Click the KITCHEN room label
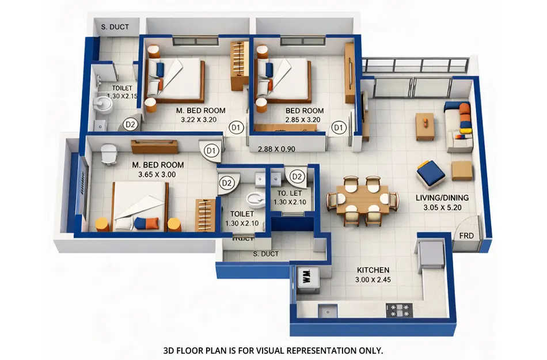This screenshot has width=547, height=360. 373,270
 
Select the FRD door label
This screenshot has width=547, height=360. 467,236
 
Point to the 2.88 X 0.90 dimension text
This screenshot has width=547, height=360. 276,149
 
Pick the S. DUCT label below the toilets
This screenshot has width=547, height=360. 265,254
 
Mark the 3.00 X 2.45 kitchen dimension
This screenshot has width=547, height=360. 373,281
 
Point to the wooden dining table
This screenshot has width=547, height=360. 362,200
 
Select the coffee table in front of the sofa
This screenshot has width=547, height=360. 425,126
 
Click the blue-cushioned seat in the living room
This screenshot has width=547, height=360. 431,173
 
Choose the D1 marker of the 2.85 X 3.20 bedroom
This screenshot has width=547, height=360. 338,127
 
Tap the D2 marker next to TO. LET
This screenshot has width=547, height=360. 297,176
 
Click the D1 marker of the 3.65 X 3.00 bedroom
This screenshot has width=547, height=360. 211,151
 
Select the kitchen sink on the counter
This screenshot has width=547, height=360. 328,310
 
